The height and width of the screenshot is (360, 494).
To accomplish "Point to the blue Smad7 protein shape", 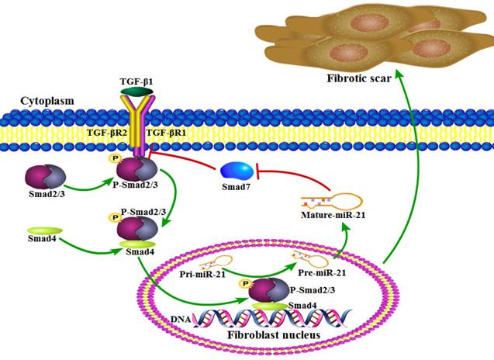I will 237,169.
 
